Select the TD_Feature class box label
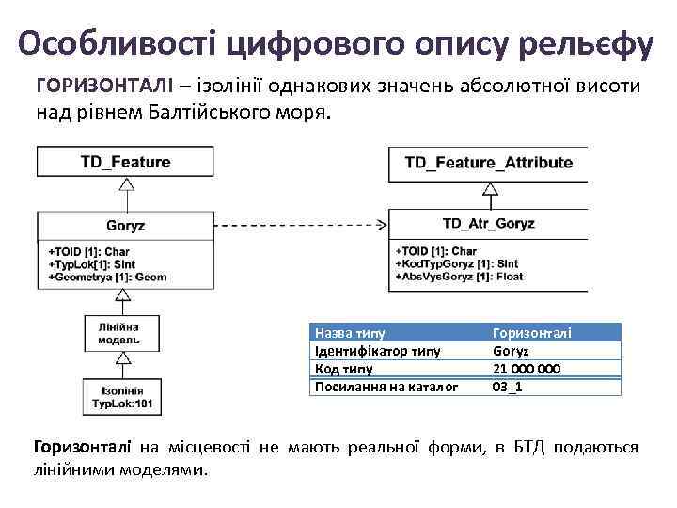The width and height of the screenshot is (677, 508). click(124, 162)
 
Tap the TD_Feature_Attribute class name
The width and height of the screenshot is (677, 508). click(488, 163)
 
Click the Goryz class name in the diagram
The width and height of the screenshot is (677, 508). click(125, 226)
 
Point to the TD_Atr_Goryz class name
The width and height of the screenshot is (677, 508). click(488, 224)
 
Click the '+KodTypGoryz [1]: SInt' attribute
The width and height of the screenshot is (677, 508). click(458, 264)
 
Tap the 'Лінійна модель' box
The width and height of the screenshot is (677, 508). click(119, 332)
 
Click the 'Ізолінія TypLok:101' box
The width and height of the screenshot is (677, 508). click(121, 398)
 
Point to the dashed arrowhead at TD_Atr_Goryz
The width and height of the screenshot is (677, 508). click(383, 225)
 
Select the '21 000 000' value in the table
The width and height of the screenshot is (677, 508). click(527, 369)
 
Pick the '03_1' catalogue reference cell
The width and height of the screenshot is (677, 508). click(509, 387)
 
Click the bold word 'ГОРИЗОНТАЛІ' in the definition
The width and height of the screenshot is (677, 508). click(97, 87)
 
